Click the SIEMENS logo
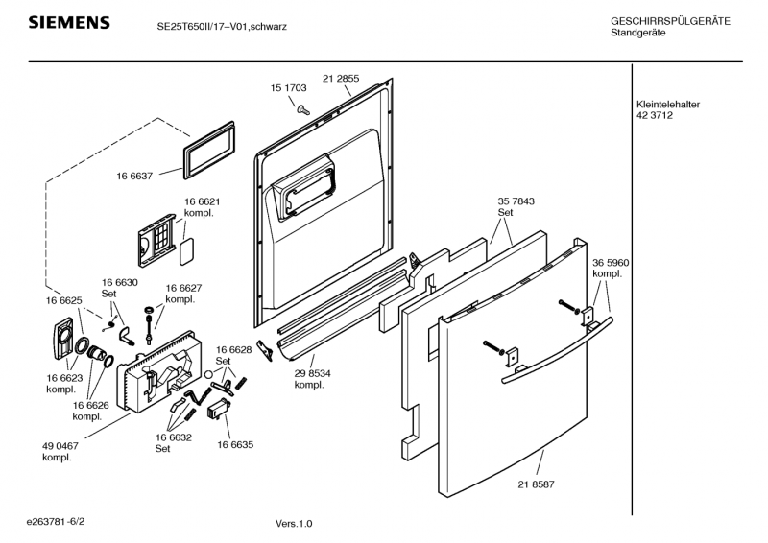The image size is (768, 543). coord(69,23)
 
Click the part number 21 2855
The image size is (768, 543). coord(341,78)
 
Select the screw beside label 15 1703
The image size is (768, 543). coord(302,108)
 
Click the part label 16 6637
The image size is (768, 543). coord(135,177)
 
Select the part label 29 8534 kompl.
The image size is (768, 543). coord(313,379)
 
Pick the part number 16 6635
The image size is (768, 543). coord(235,445)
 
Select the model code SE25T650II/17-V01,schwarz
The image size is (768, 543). coord(222,27)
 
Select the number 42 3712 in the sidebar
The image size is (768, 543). coord(654,116)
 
